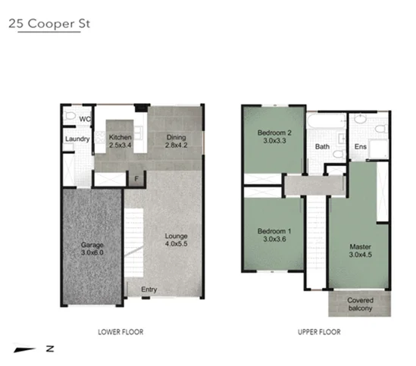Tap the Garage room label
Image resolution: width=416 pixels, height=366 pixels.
point(92,249)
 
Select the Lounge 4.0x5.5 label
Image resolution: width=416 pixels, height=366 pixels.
point(177,240)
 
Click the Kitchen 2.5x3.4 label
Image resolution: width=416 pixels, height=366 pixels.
point(120,141)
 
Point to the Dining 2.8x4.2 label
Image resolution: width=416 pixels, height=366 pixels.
point(176,141)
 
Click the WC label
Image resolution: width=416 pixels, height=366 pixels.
point(85,119)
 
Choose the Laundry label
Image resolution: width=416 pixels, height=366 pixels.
point(77,139)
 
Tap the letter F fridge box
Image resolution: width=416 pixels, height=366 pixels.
point(136,179)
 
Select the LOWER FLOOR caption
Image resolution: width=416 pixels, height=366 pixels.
point(120,332)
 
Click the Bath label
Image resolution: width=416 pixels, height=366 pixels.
point(322,147)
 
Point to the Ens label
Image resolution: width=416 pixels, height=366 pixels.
point(361,147)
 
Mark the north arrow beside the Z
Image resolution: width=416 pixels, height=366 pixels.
point(28,349)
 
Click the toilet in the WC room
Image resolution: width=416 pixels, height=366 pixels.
point(70,117)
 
